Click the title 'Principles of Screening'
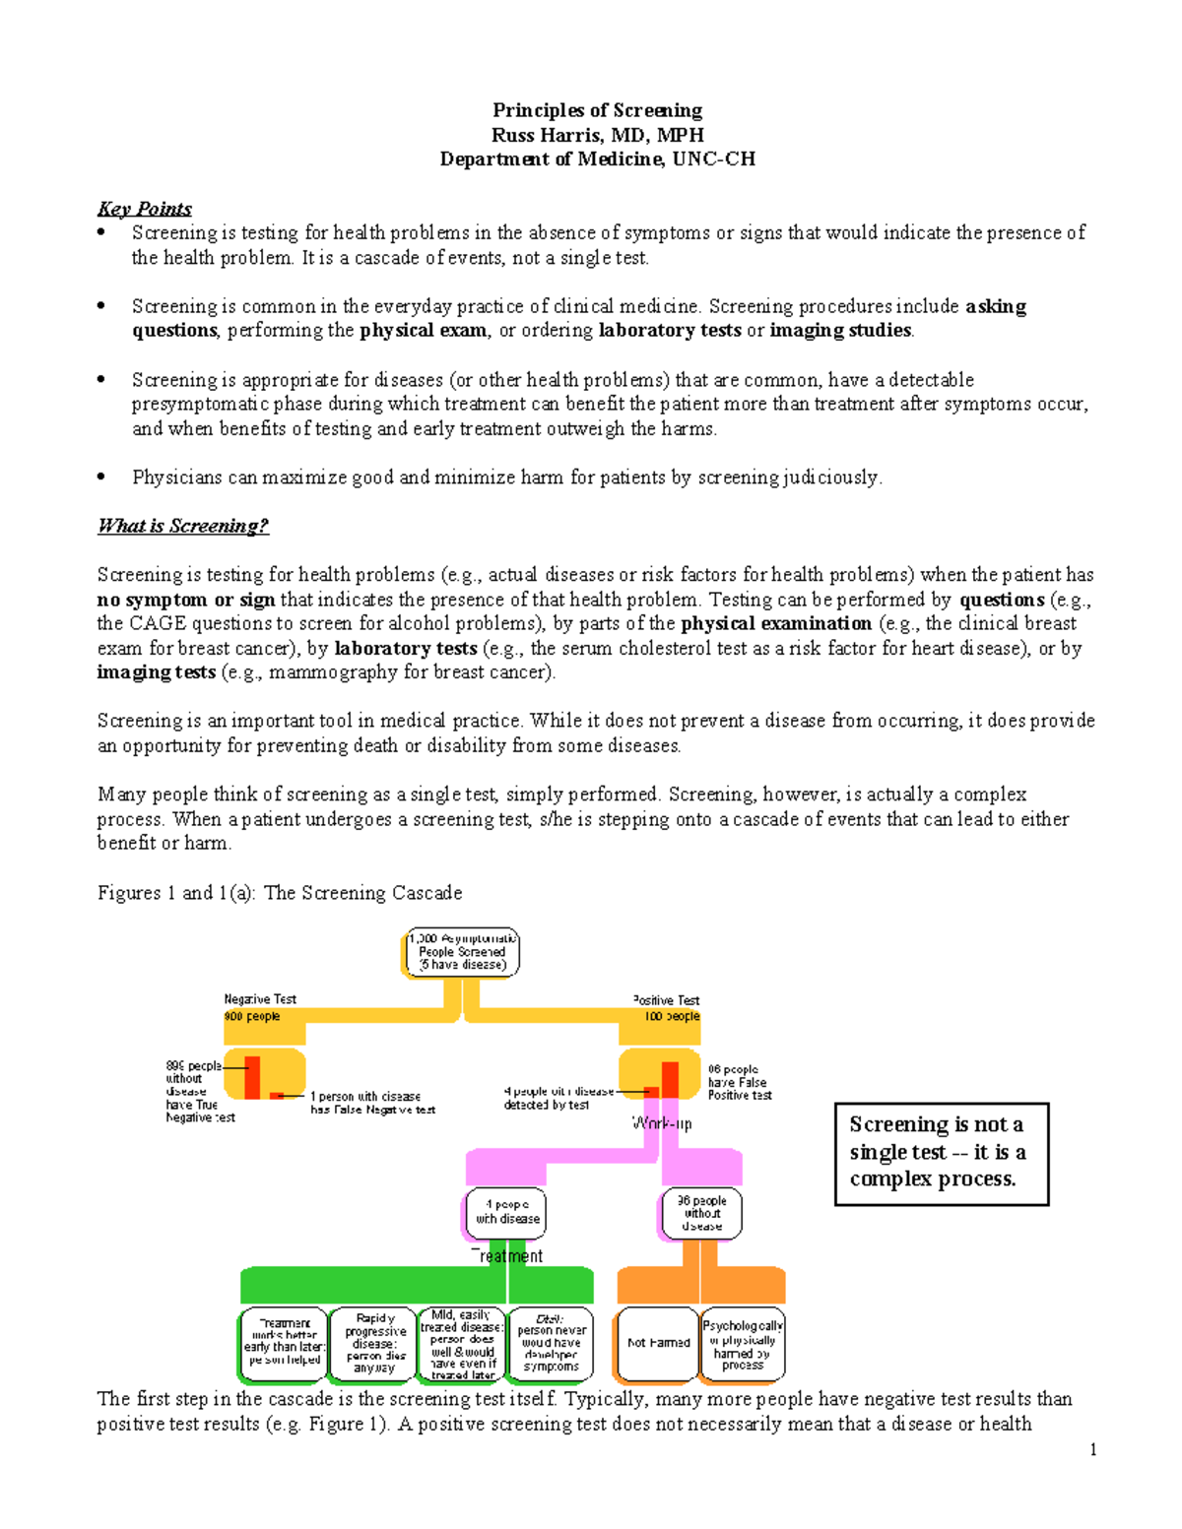[x=597, y=110]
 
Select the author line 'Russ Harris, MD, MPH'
[x=597, y=135]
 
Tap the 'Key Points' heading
[x=144, y=209]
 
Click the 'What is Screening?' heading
[x=183, y=526]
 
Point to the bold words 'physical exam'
[x=423, y=331]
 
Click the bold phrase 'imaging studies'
[x=840, y=331]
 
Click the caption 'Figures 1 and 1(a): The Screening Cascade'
[x=280, y=893]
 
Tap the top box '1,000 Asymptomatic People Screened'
[x=462, y=953]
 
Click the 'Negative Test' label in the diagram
[x=260, y=999]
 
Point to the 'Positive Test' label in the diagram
[x=667, y=1000]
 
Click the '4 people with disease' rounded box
[x=506, y=1213]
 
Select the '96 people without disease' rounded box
[x=701, y=1214]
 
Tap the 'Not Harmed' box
[x=658, y=1343]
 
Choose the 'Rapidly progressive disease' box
[x=374, y=1343]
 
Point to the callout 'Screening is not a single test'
[x=941, y=1153]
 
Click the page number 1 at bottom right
[x=1093, y=1449]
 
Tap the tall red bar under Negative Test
[x=252, y=1077]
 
